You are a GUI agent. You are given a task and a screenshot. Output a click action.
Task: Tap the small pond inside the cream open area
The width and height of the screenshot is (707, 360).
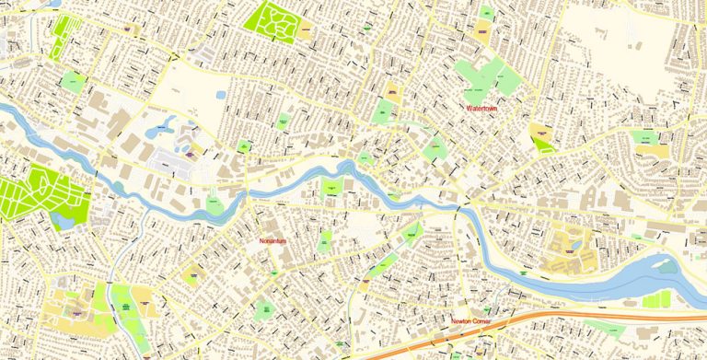pyautogui.click(x=221, y=94)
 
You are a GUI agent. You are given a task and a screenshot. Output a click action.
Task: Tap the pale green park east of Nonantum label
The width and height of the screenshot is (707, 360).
pyautogui.click(x=324, y=242)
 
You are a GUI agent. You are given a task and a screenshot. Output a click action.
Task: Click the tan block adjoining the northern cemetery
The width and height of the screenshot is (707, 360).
pyautogui.click(x=303, y=30)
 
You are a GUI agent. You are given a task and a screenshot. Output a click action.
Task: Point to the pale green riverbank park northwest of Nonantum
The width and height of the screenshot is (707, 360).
pyautogui.click(x=214, y=203)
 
